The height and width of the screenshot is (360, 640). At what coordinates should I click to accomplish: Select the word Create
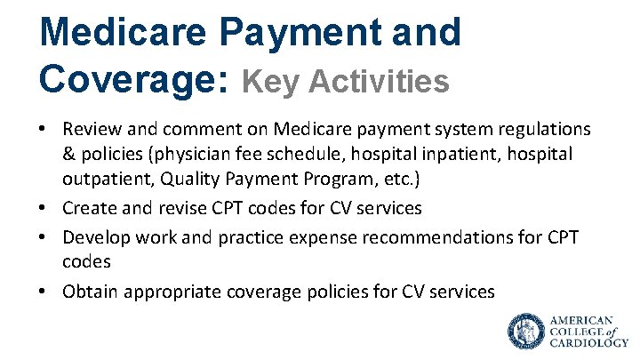point(87,208)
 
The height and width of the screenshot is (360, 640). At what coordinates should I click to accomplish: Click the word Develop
point(93,238)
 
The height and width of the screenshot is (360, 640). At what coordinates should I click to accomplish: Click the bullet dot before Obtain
point(44,292)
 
